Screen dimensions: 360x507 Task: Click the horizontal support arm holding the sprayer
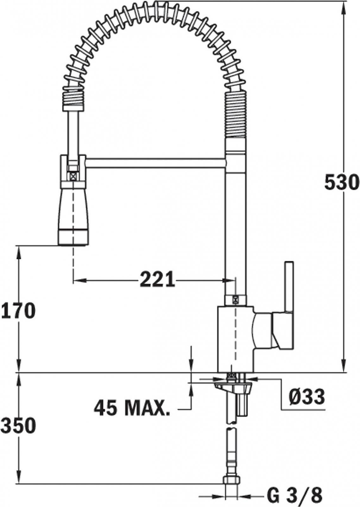click(156, 163)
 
